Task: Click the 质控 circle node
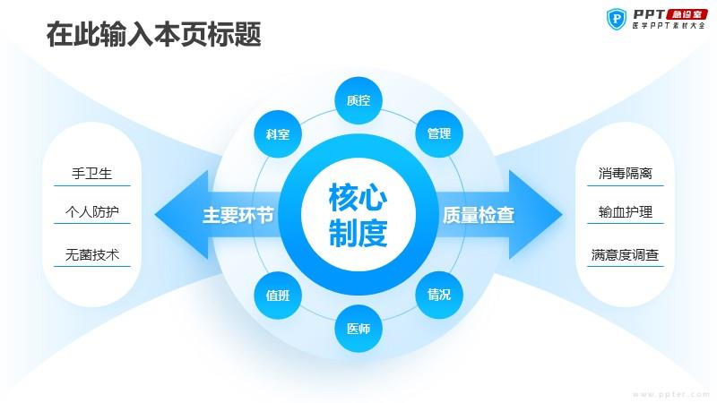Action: (358, 100)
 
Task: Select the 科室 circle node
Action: (278, 133)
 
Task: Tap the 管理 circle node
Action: (439, 133)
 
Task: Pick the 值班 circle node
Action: (278, 296)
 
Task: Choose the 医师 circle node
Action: (358, 329)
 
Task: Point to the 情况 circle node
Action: (439, 295)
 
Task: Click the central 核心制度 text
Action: (358, 215)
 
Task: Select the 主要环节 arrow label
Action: (238, 215)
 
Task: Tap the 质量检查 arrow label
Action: (479, 215)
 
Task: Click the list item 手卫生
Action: (92, 174)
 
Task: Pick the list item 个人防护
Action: (92, 211)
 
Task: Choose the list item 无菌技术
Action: (92, 254)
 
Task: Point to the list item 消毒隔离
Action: (625, 174)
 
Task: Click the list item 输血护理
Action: (625, 211)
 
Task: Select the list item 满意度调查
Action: (625, 254)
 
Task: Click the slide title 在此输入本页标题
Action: (153, 34)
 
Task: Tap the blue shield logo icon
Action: (617, 19)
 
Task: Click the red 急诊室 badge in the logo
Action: (687, 14)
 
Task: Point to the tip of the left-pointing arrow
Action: (154, 215)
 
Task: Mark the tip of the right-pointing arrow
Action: (563, 214)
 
